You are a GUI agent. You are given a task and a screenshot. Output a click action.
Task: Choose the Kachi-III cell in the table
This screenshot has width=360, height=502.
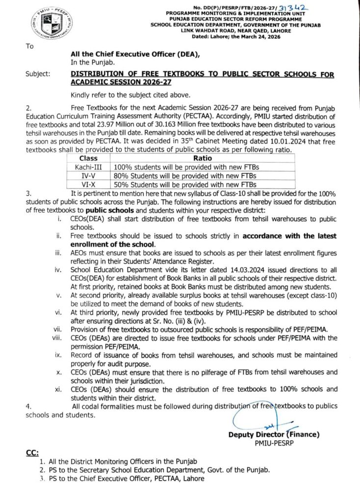[88, 167]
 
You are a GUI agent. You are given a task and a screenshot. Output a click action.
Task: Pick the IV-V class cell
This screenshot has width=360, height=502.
[88, 176]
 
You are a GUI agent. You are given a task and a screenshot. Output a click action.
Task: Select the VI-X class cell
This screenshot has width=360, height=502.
[88, 184]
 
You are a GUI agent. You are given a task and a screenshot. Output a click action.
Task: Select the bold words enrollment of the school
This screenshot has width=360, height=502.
[113, 244]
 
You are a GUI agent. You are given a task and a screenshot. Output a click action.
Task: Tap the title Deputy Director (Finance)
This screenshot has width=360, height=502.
[274, 434]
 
